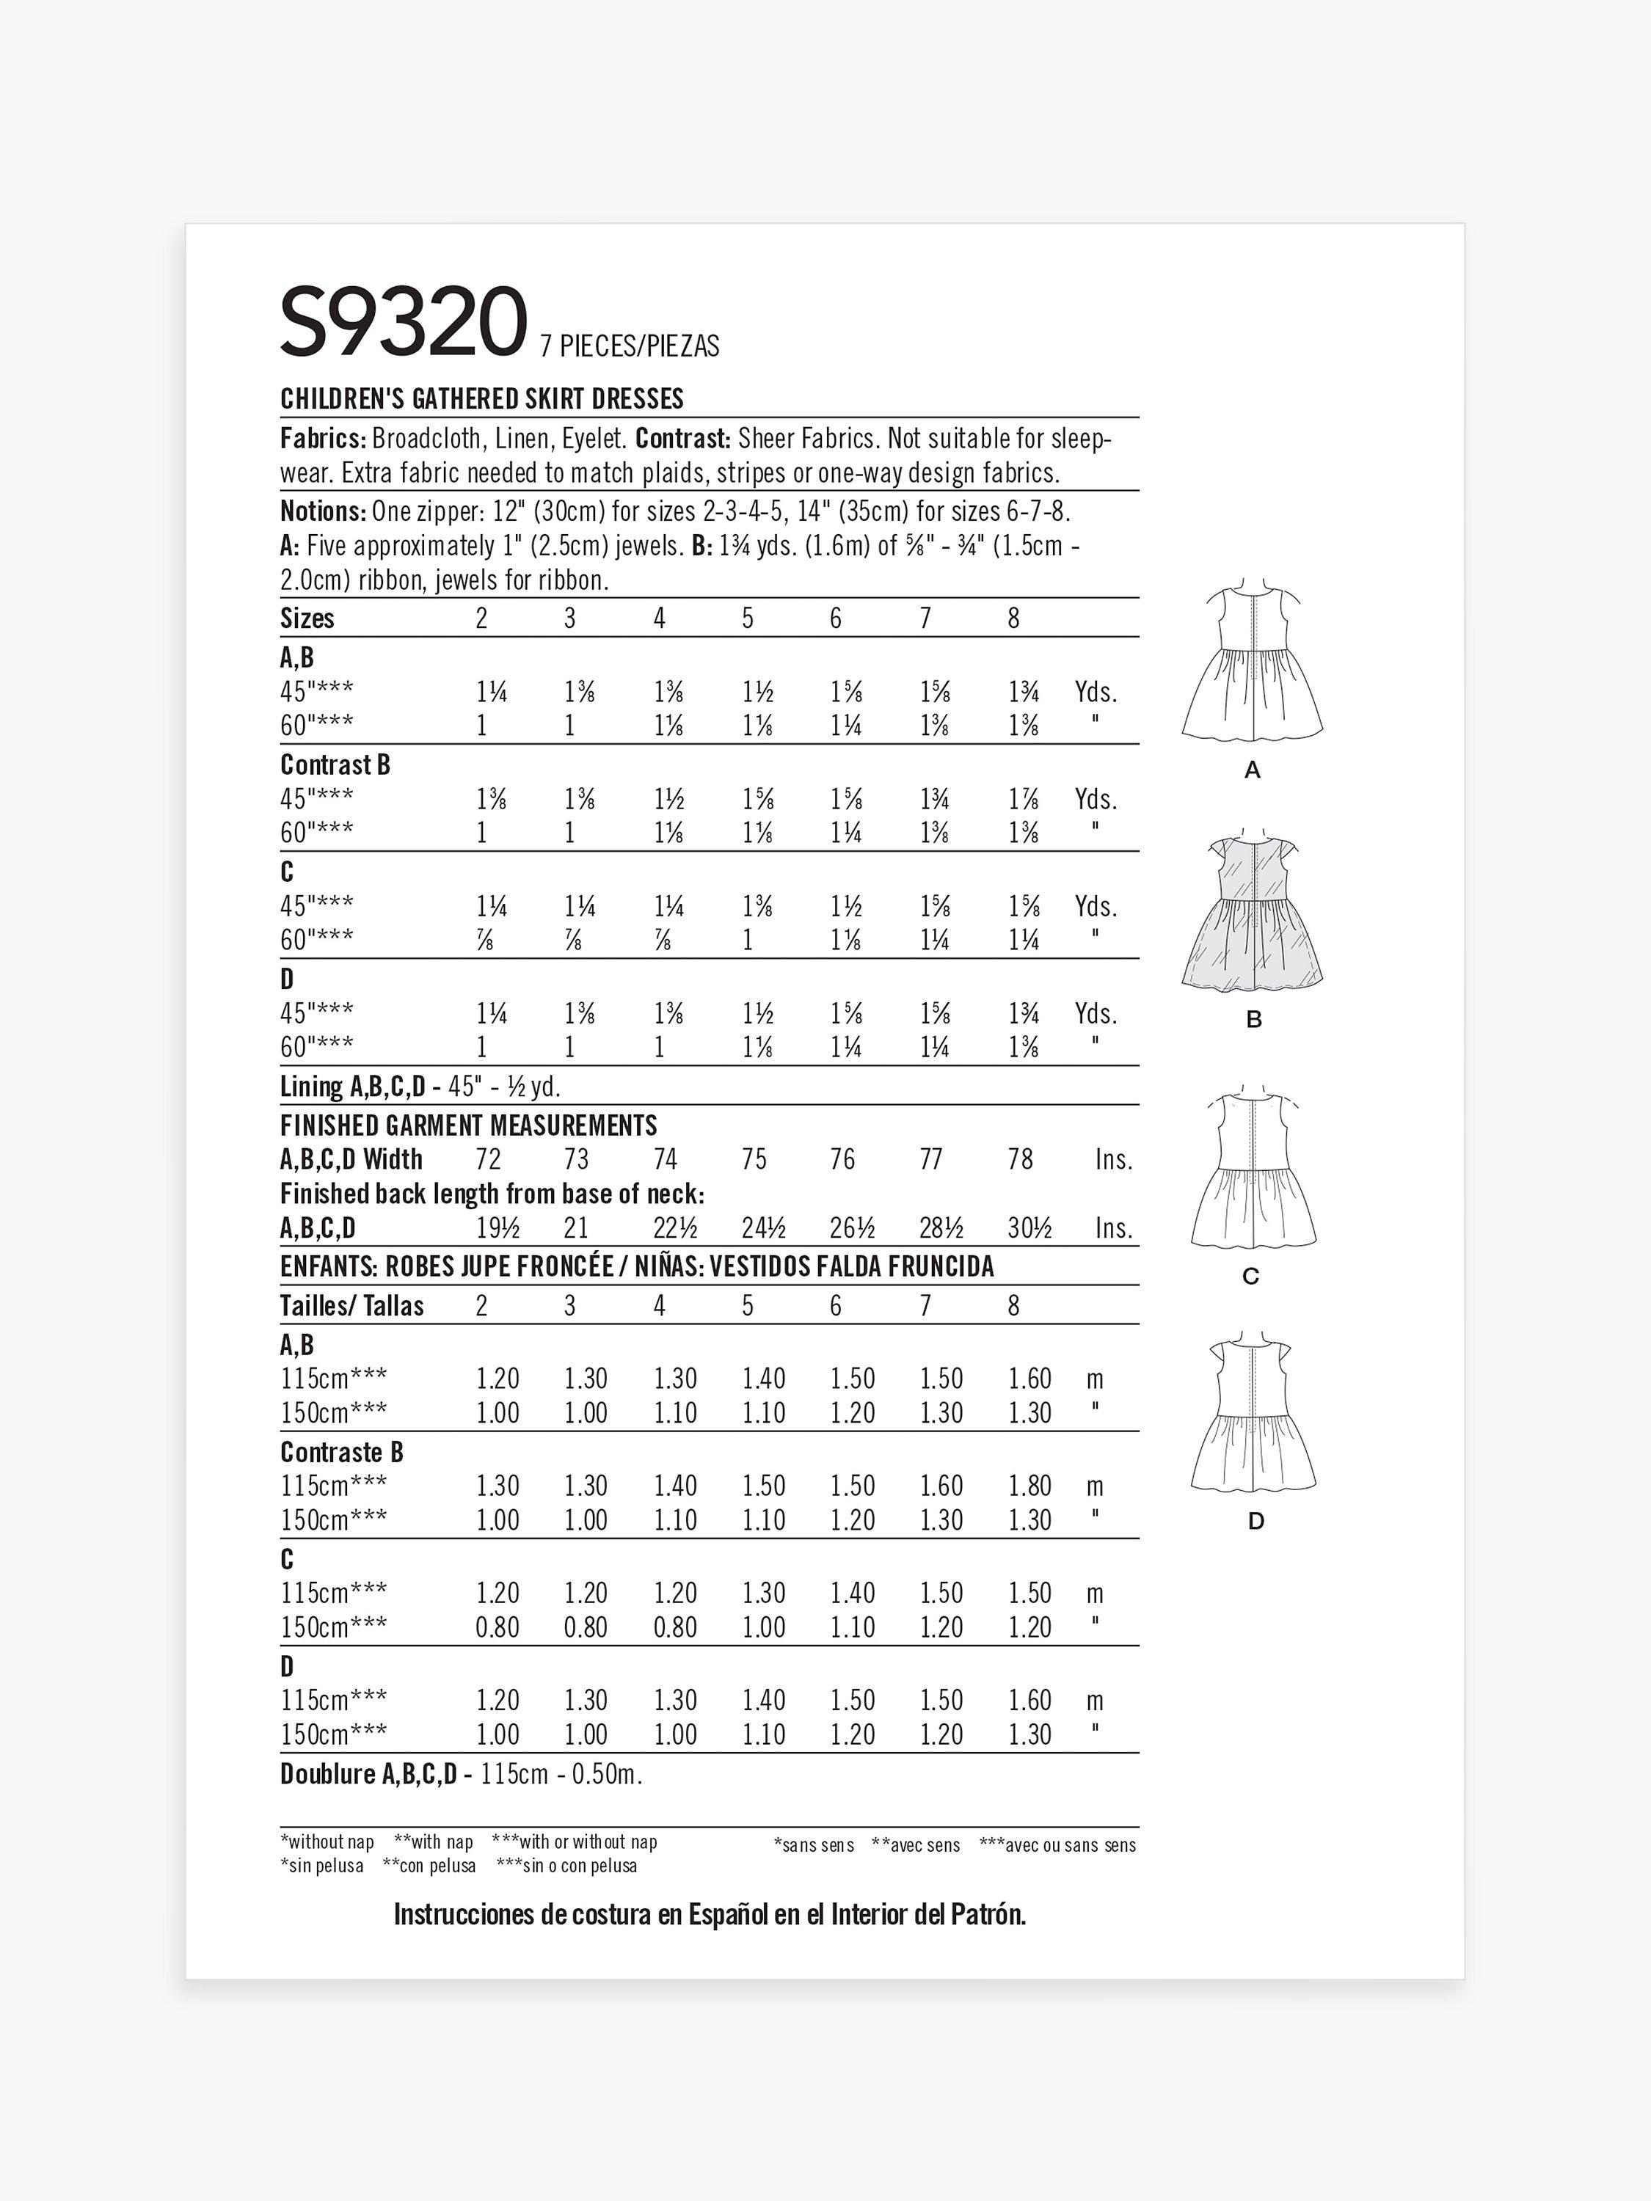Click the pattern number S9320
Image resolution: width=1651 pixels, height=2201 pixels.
[x=402, y=321]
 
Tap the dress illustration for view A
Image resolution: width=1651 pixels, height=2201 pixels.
[x=1252, y=664]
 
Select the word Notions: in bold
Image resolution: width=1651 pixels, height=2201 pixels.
[x=322, y=511]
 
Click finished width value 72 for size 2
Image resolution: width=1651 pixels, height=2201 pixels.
[x=488, y=1159]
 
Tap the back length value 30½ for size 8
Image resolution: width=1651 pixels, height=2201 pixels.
[x=1029, y=1228]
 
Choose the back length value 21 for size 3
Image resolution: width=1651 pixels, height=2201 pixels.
[x=575, y=1228]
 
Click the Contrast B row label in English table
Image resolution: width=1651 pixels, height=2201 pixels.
[x=335, y=765]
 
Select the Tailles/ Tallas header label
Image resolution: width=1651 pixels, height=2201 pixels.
[x=351, y=1305]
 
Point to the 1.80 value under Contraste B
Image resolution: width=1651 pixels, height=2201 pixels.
[x=1029, y=1486]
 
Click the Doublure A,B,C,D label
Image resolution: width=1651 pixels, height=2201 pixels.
[x=368, y=1774]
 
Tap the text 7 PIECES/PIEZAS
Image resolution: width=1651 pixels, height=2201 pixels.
[x=629, y=346]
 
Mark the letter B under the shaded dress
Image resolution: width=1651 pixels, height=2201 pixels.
[x=1253, y=1019]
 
